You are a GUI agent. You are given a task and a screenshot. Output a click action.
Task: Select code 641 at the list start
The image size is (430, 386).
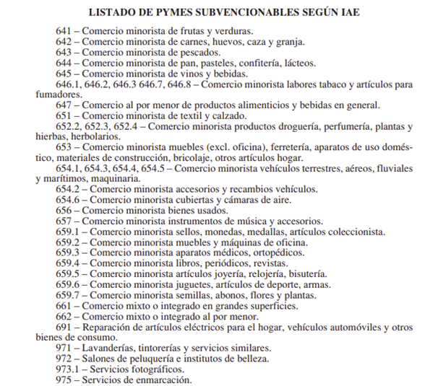tap(65, 32)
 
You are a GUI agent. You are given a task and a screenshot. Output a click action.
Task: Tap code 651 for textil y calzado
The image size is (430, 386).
tap(65, 115)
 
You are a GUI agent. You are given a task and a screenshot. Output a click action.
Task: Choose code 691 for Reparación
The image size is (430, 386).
tap(65, 326)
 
